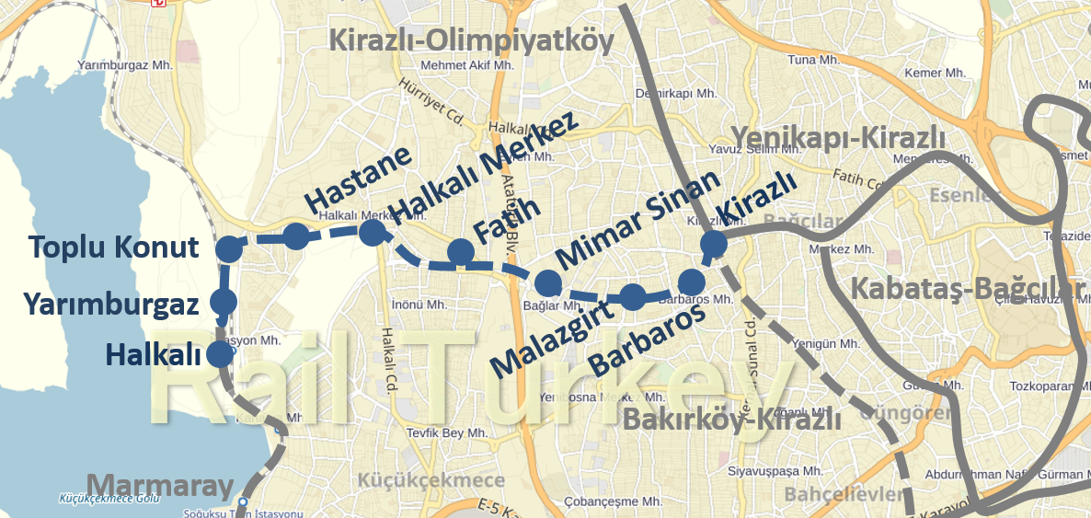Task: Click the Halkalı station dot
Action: point(220,353)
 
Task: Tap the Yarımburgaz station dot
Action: point(224,301)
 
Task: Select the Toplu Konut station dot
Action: point(228,247)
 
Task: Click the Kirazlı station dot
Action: point(714,244)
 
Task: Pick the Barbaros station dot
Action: point(692,282)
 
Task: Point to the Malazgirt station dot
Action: point(633,297)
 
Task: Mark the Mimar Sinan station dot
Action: point(548,282)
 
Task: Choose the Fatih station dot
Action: point(460,251)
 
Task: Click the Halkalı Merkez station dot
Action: point(372,232)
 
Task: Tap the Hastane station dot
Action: point(295,236)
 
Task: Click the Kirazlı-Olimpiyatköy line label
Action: point(470,40)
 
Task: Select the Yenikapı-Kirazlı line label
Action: point(838,136)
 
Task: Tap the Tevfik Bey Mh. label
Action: point(453,433)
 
